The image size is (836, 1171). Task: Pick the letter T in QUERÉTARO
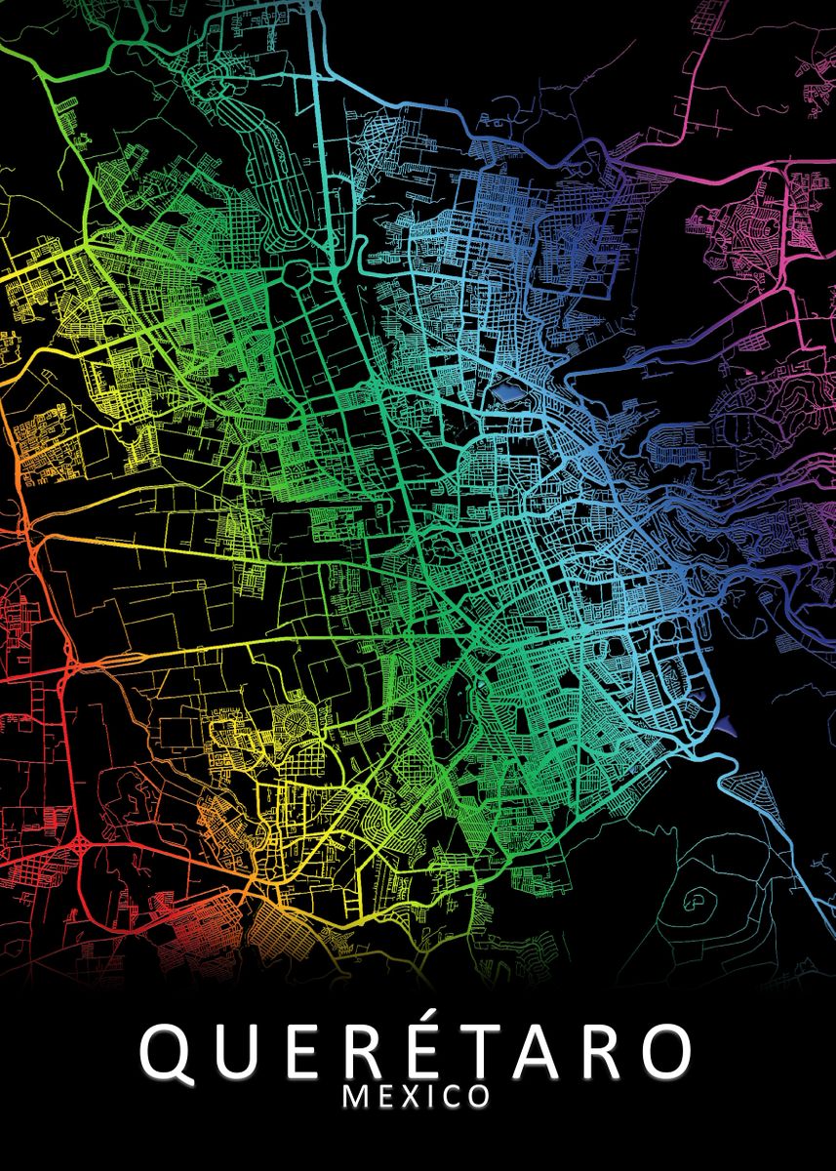(x=497, y=1051)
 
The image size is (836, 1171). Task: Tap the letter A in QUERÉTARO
(x=556, y=1051)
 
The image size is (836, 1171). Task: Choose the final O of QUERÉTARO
(x=671, y=1051)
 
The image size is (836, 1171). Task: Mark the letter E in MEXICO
(x=386, y=1096)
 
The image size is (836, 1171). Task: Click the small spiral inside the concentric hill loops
(x=698, y=899)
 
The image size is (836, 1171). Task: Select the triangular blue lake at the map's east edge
(x=727, y=723)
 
